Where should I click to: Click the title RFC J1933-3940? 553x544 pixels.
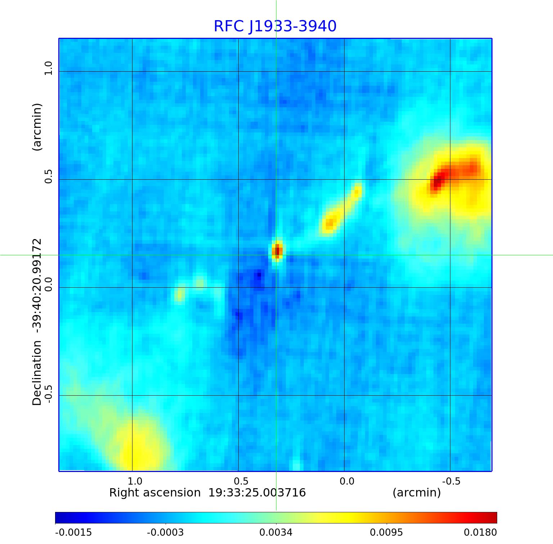tap(275, 26)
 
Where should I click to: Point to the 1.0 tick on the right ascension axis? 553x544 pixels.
tap(135, 481)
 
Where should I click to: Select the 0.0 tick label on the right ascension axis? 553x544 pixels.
tap(347, 481)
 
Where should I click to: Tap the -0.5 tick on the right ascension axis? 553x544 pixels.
tap(451, 481)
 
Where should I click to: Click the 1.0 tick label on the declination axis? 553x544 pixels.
tap(48, 68)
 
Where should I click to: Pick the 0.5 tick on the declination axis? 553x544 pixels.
tap(48, 176)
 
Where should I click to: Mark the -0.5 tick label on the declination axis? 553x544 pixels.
tap(48, 394)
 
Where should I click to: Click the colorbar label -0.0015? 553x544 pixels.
tap(73, 532)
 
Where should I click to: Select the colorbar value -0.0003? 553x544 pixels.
tap(165, 532)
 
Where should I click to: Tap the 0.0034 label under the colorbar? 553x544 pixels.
tap(276, 532)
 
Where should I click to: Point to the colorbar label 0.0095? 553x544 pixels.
tap(386, 532)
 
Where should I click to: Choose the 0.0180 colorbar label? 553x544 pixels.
tap(480, 532)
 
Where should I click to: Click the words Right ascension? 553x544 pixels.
tap(155, 493)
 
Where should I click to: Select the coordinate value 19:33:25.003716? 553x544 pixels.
tap(257, 493)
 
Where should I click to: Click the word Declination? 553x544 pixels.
tap(37, 373)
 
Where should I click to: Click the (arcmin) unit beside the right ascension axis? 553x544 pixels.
tap(417, 493)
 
